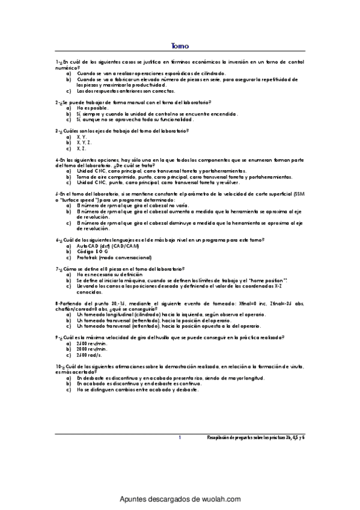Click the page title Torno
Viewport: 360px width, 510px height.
180,46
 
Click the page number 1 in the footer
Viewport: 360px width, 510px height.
180,438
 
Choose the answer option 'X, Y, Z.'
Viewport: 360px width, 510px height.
84,142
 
